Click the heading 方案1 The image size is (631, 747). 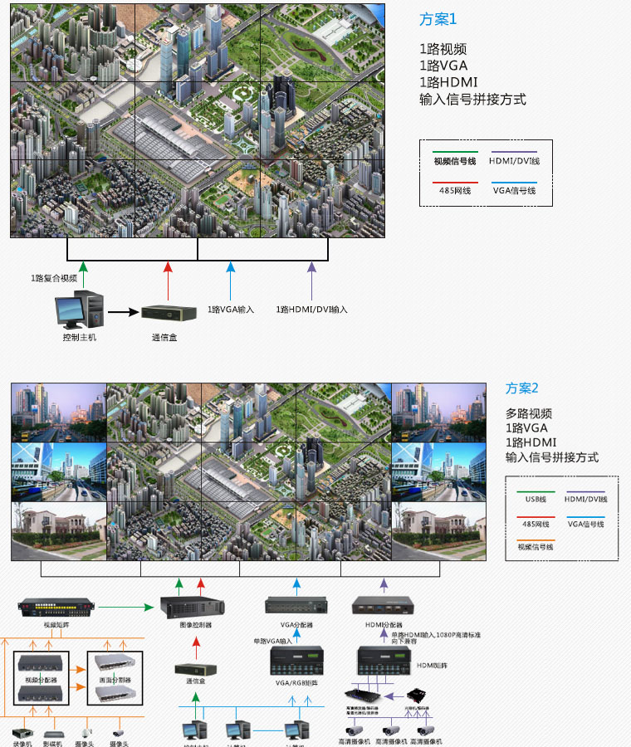438,19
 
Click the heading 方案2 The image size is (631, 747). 522,388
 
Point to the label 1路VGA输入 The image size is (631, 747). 231,309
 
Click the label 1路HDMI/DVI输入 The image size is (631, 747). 312,309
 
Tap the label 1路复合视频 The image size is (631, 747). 54,278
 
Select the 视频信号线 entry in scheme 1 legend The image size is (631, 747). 454,161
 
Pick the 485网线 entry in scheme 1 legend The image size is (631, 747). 454,190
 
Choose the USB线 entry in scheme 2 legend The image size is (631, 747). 536,499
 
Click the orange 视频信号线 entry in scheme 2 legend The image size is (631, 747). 536,547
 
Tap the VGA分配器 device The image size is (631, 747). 295,607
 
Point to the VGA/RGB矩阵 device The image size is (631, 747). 296,661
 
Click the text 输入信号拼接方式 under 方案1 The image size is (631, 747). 472,100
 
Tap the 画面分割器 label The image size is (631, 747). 116,678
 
